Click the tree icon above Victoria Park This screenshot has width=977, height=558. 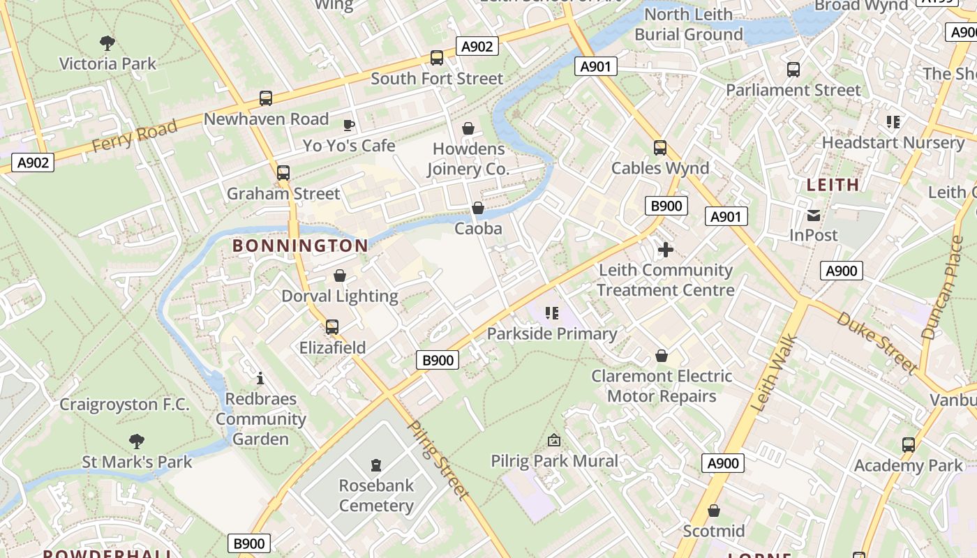click(107, 43)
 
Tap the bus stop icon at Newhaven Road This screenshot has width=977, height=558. click(266, 98)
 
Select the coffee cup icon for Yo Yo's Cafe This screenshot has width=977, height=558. click(349, 125)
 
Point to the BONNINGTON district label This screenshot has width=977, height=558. click(300, 246)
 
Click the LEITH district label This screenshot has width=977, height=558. click(833, 185)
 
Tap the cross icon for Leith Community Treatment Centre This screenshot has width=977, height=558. click(666, 249)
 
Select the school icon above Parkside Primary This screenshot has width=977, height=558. click(552, 313)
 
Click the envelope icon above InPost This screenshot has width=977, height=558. click(814, 215)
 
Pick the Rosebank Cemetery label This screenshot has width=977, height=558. click(376, 495)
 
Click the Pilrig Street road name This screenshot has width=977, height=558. click(438, 460)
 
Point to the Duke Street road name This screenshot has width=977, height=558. click(878, 342)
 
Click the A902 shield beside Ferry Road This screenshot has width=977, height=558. click(33, 163)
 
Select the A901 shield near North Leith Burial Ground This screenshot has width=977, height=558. click(595, 66)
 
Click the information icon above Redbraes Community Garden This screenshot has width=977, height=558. click(260, 378)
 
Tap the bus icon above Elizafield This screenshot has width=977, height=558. click(332, 326)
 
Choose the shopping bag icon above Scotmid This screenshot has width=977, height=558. click(713, 511)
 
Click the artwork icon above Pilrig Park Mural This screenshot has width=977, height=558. click(554, 440)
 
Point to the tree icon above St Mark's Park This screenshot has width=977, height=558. click(137, 441)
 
